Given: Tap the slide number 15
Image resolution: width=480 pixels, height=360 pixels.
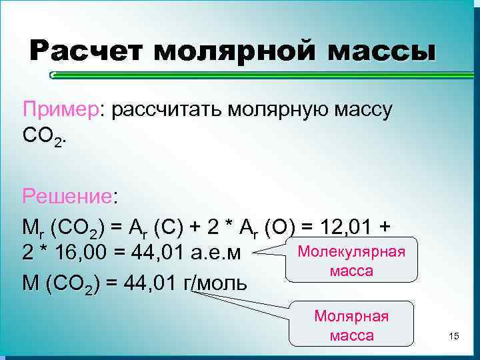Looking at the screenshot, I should click(x=454, y=335).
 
